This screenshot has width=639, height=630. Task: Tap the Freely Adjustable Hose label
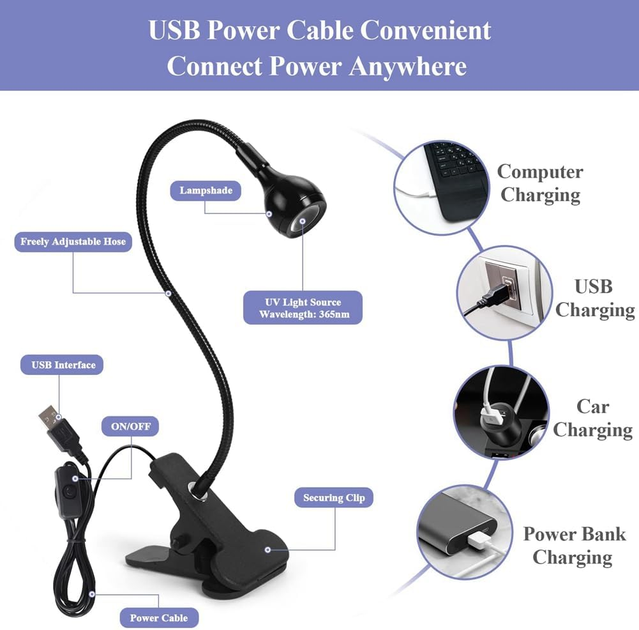click(73, 242)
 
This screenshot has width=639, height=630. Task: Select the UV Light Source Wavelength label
click(304, 308)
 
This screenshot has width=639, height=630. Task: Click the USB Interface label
click(63, 365)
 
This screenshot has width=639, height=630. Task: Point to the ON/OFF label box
click(130, 426)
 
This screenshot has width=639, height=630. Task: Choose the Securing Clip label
click(333, 498)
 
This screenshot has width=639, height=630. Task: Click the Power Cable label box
click(159, 617)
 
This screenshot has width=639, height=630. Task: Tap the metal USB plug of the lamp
click(48, 419)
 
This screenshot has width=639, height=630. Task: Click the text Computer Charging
click(540, 183)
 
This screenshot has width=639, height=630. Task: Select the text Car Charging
click(593, 418)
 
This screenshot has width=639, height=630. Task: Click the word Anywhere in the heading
click(407, 66)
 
